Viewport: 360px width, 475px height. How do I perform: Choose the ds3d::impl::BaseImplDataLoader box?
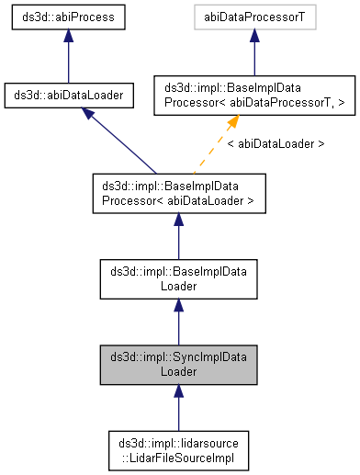tap(178, 277)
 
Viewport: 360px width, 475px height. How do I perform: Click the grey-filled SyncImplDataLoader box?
tap(178, 364)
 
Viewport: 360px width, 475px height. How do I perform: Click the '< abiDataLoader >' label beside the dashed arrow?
tap(275, 144)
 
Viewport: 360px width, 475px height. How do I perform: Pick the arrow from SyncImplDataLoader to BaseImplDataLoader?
tap(178, 321)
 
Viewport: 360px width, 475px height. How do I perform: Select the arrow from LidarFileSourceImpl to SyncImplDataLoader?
tap(178, 407)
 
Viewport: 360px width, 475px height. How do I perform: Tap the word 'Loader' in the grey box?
tap(178, 371)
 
